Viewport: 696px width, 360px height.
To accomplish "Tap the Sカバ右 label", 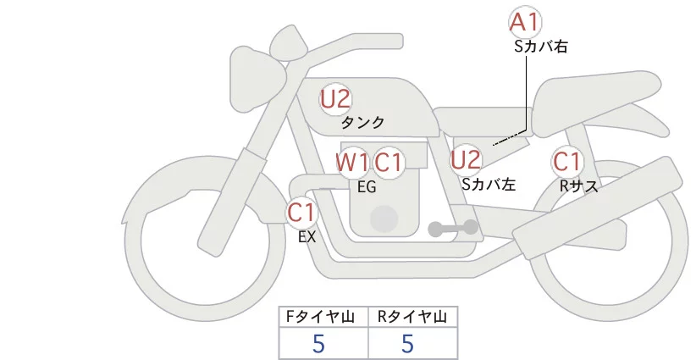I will [540, 47].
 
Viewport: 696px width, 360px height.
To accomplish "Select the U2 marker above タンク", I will [335, 99].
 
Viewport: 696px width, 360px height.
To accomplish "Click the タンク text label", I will [362, 123].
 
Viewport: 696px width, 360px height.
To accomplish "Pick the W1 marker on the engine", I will [352, 162].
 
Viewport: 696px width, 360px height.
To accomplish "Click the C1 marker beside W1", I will [389, 162].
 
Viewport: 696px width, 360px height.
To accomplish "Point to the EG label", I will [367, 187].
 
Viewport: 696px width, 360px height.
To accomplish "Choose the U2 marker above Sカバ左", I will [466, 158].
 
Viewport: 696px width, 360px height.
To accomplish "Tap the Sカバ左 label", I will [489, 183].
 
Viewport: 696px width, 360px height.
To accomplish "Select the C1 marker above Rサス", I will [566, 161].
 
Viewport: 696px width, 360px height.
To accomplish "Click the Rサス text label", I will [579, 185].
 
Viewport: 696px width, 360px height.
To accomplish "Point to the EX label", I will [307, 237].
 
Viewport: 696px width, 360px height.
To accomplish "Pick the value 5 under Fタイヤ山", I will [318, 343].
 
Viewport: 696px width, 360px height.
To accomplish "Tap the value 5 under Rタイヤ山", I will [407, 343].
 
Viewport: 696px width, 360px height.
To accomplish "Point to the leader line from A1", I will [530, 93].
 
